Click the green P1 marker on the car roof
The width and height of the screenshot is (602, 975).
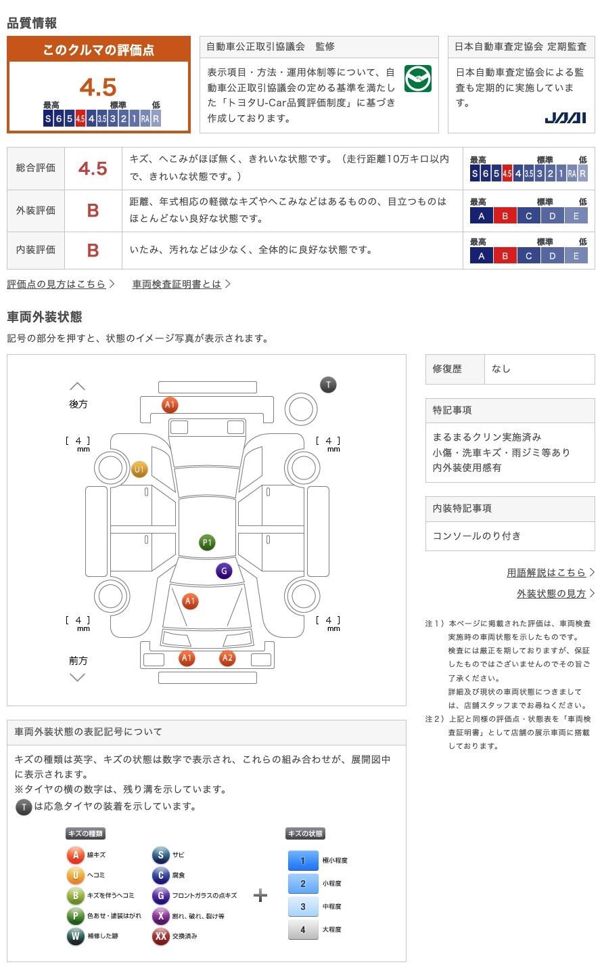pyautogui.click(x=207, y=542)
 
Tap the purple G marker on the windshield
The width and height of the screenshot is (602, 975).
pyautogui.click(x=224, y=571)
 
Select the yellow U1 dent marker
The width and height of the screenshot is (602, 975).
pyautogui.click(x=139, y=469)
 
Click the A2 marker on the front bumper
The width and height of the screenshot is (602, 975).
pyautogui.click(x=227, y=657)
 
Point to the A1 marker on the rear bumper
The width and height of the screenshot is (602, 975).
pyautogui.click(x=170, y=405)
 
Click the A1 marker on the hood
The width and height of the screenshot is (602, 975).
pyautogui.click(x=190, y=601)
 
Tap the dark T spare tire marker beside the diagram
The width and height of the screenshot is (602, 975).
pyautogui.click(x=329, y=385)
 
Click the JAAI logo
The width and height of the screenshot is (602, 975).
pyautogui.click(x=565, y=118)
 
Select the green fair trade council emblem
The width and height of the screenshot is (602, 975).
pyautogui.click(x=418, y=79)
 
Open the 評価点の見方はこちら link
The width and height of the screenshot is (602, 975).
pyautogui.click(x=57, y=284)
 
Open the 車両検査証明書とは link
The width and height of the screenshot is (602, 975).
pyautogui.click(x=177, y=284)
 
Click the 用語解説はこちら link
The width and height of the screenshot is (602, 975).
pyautogui.click(x=547, y=572)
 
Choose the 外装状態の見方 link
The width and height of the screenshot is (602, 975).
pyautogui.click(x=551, y=593)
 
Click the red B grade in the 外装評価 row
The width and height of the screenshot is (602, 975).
pyautogui.click(x=93, y=211)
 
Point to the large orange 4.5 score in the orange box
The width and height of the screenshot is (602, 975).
pyautogui.click(x=98, y=87)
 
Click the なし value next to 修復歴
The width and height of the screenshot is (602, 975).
pyautogui.click(x=501, y=368)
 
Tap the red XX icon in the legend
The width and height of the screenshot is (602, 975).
pyautogui.click(x=160, y=936)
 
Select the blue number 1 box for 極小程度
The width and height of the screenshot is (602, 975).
pyautogui.click(x=303, y=861)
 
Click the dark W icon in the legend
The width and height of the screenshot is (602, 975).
pyautogui.click(x=75, y=936)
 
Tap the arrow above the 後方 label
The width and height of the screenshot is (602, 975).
pyautogui.click(x=77, y=386)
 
